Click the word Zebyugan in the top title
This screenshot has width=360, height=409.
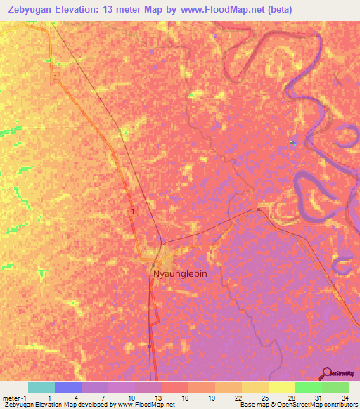click(34, 10)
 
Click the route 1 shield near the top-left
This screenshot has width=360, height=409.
click(55, 78)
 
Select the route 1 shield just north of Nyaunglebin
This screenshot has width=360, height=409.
click(133, 211)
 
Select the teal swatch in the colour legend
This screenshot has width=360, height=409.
click(41, 387)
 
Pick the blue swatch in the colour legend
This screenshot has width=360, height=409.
click(67, 387)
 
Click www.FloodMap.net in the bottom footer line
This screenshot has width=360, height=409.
click(146, 405)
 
